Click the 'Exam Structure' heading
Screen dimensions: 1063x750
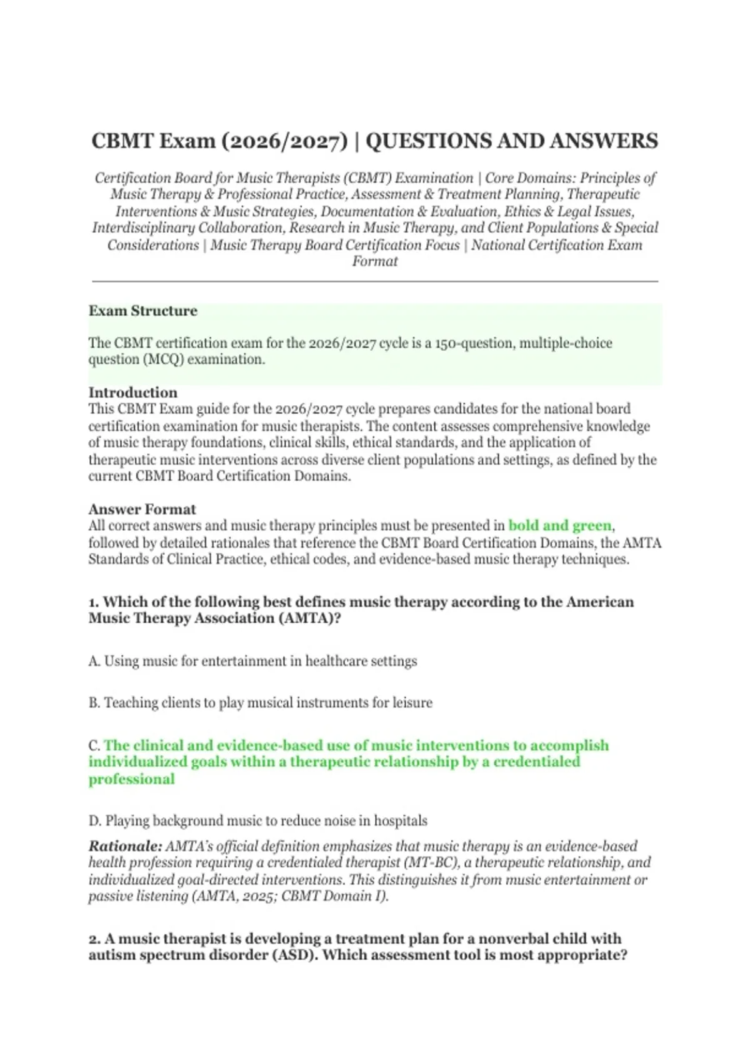(142, 311)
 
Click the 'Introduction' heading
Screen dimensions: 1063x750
(132, 392)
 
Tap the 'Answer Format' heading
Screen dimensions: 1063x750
(142, 509)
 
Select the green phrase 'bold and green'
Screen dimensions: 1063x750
(560, 525)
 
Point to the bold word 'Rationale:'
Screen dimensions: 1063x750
(125, 846)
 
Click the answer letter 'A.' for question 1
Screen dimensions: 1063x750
(94, 661)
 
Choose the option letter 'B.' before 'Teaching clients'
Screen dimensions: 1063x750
(94, 703)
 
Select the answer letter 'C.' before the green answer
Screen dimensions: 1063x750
(94, 745)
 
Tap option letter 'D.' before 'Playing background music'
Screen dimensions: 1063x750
(95, 820)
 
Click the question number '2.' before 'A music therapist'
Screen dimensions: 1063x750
(94, 939)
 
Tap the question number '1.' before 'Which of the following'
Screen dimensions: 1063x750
(94, 602)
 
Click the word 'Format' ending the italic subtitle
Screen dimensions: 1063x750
(375, 261)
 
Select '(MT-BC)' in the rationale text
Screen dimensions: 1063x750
(431, 863)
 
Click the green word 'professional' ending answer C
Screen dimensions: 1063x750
(131, 779)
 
